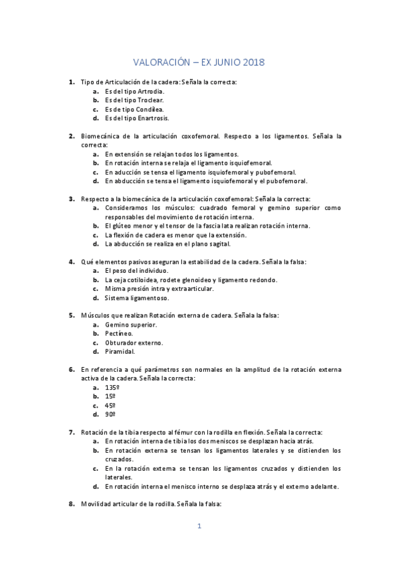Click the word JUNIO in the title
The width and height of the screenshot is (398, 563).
pos(223,62)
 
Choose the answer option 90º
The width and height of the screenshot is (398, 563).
pos(110,414)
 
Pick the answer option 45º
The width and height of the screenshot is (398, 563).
pos(110,405)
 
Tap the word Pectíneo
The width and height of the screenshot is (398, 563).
pos(118,333)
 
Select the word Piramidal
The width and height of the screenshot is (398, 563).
pos(120,351)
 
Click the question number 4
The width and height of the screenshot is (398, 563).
pos(71,262)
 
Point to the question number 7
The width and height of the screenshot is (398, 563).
pos(71,432)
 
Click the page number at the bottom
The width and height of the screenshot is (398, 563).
pos(199,526)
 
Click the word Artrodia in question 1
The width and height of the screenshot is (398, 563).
pos(148,91)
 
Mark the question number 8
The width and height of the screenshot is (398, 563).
pos(71,504)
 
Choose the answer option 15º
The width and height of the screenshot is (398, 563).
pos(110,396)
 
